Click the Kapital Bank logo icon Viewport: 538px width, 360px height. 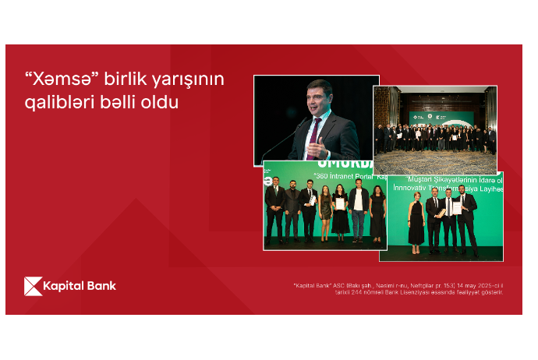coord(33,286)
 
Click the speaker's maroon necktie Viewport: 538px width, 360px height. coord(315,136)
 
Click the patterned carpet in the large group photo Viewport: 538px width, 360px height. coord(434,162)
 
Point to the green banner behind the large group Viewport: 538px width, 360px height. coord(441,118)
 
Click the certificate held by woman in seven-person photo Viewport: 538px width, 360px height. coord(340,203)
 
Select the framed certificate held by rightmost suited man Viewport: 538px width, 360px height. coord(457,208)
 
